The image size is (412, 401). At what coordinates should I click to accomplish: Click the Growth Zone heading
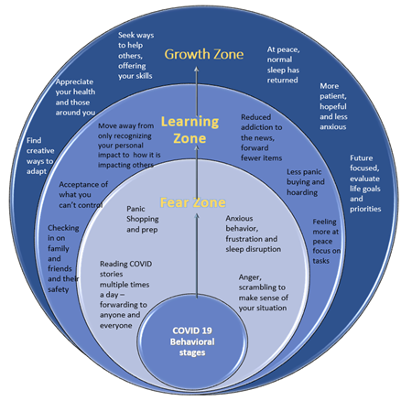[x=204, y=54]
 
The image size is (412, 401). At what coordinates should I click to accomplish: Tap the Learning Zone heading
[x=190, y=130]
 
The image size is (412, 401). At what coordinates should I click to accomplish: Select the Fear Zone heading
[x=193, y=202]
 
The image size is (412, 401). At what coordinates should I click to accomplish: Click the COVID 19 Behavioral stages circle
[x=192, y=341]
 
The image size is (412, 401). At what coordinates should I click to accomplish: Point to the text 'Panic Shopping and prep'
[x=143, y=219]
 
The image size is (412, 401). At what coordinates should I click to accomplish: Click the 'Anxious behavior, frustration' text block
[x=254, y=233]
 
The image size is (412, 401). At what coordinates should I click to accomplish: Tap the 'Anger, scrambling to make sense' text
[x=264, y=292]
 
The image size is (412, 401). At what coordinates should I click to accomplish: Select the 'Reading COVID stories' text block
[x=125, y=295]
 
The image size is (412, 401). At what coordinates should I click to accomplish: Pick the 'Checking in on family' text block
[x=63, y=258]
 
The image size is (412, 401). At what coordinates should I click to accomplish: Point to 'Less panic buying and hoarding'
[x=306, y=182]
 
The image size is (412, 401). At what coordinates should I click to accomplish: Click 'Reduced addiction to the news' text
[x=261, y=137]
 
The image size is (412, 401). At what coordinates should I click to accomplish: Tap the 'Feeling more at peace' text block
[x=326, y=241]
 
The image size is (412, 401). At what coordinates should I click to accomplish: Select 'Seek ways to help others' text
[x=136, y=56]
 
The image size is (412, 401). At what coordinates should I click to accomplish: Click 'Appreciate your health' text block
[x=75, y=97]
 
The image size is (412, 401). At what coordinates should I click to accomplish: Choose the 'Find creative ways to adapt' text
[x=40, y=156]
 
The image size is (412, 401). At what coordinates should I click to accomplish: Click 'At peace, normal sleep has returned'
[x=283, y=65]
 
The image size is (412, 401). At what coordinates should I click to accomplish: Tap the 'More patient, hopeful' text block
[x=333, y=106]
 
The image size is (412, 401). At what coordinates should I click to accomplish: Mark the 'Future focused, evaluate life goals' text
[x=365, y=183]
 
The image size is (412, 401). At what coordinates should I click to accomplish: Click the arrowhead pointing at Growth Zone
[x=197, y=70]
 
